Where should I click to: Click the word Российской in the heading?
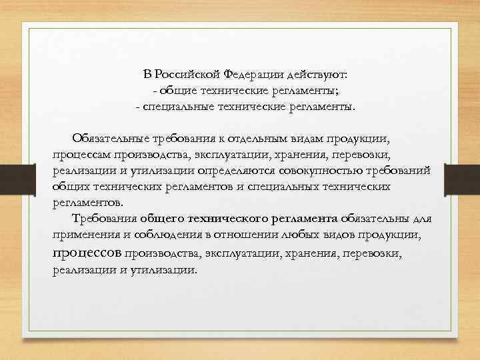click(188, 73)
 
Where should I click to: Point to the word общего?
click(162, 218)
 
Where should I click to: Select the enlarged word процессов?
click(87, 253)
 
